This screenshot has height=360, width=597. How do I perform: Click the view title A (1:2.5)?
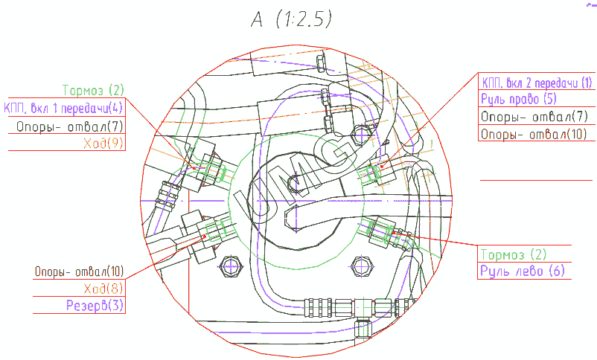click(291, 19)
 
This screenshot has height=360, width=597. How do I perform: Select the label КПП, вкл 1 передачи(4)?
click(63, 108)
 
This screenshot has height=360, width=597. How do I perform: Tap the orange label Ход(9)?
click(103, 143)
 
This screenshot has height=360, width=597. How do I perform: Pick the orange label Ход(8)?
click(103, 289)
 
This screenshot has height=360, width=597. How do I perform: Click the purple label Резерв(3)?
click(95, 305)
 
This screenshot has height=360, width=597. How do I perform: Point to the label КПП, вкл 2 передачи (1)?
click(537, 83)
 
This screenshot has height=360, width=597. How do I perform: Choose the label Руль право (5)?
click(519, 99)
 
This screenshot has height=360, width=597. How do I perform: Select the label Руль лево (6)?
click(523, 271)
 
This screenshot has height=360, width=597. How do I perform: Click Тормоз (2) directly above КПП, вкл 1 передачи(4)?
click(93, 90)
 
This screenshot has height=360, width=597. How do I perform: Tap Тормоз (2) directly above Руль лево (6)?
click(513, 254)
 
